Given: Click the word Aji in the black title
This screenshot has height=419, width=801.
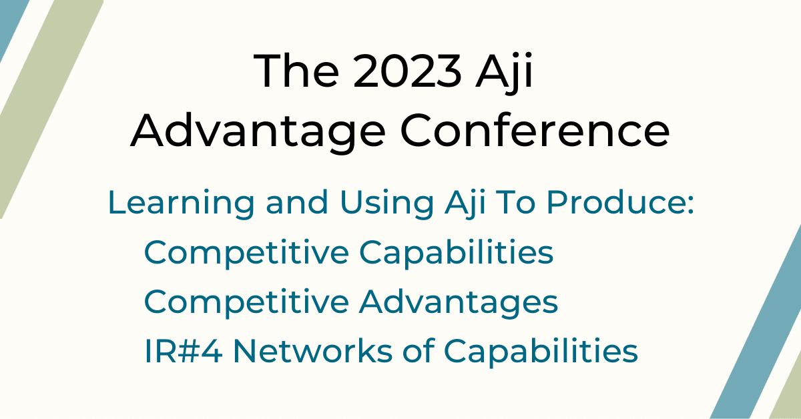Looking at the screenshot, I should point(509,73).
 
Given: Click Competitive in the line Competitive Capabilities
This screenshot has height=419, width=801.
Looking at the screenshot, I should point(246,253).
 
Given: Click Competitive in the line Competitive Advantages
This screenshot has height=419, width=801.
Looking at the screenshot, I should point(246,302).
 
